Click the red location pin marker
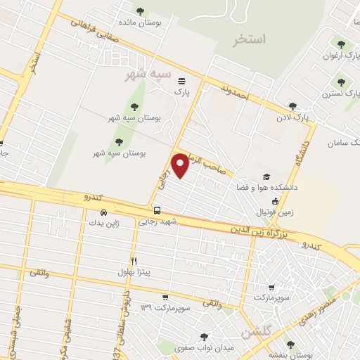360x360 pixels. pos(181,165)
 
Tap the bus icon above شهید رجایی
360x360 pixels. pos(157,210)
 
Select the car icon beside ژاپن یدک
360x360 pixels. pos(103,212)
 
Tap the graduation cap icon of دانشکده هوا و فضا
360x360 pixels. pos(266,176)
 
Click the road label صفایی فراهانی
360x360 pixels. pos(89,29)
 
